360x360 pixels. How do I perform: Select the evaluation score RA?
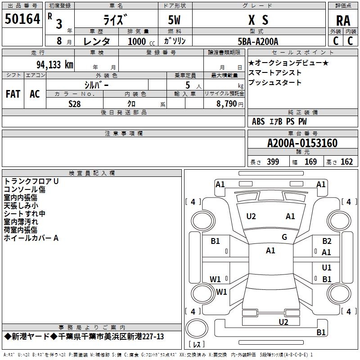(x=343, y=20)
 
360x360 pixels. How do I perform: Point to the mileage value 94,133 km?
(x=54, y=64)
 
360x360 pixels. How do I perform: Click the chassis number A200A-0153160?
(x=302, y=143)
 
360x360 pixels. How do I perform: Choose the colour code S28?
(x=75, y=103)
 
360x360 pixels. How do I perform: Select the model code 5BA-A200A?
(x=258, y=41)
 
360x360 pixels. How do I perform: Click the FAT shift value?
(x=13, y=94)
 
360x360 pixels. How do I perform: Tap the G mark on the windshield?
(x=284, y=237)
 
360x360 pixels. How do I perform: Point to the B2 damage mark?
(x=327, y=241)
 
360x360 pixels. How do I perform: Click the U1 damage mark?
(x=327, y=268)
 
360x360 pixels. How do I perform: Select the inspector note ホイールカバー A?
(x=31, y=238)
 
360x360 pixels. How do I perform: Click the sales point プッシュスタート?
(x=275, y=83)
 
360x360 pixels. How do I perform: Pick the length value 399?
(x=273, y=162)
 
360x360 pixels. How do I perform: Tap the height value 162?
(x=346, y=162)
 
